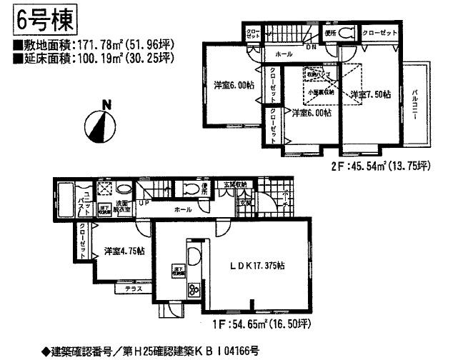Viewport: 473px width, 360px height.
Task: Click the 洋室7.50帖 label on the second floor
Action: pos(369,94)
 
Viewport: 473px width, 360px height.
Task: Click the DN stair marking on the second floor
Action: pos(312,49)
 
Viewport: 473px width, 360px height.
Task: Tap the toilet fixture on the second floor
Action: pos(345,33)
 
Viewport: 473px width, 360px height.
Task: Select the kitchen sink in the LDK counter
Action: pos(193,257)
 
